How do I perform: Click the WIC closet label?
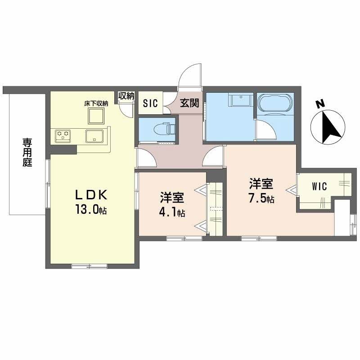[x=319, y=186]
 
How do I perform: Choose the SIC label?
[x=150, y=103]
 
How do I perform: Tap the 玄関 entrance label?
[x=190, y=103]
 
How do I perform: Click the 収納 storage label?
[x=126, y=95]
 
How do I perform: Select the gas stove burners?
[x=63, y=134]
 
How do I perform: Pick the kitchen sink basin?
[x=95, y=135]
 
